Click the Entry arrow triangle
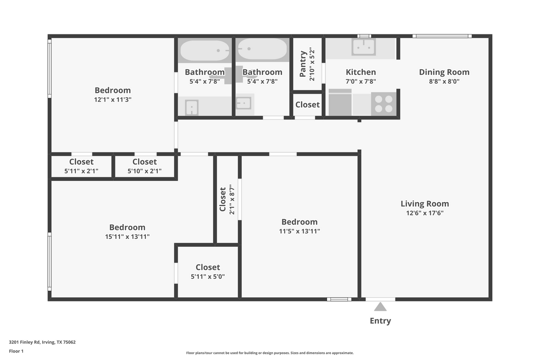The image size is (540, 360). tap(380, 307)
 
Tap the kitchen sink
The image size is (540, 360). tap(364, 48)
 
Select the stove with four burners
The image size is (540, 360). tap(384, 104)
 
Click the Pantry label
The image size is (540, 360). tap(303, 64)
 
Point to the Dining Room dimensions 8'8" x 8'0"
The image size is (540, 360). tap(444, 82)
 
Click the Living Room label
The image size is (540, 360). tap(425, 204)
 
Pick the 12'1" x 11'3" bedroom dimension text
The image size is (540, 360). tap(113, 99)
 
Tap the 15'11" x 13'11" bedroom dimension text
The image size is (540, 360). tap(127, 237)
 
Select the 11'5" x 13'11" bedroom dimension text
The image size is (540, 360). tap(300, 231)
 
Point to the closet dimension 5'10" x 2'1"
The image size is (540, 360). tap(145, 171)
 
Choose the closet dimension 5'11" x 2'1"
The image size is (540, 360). tap(81, 171)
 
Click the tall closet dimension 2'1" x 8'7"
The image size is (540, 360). tap(232, 200)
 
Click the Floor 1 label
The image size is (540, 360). tap(16, 351)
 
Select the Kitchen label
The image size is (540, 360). tap(361, 72)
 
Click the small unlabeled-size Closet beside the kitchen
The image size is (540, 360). tap(307, 105)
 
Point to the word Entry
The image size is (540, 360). tap(380, 321)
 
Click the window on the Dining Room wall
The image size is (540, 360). tap(442, 36)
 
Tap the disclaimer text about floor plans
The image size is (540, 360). tap(270, 353)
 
